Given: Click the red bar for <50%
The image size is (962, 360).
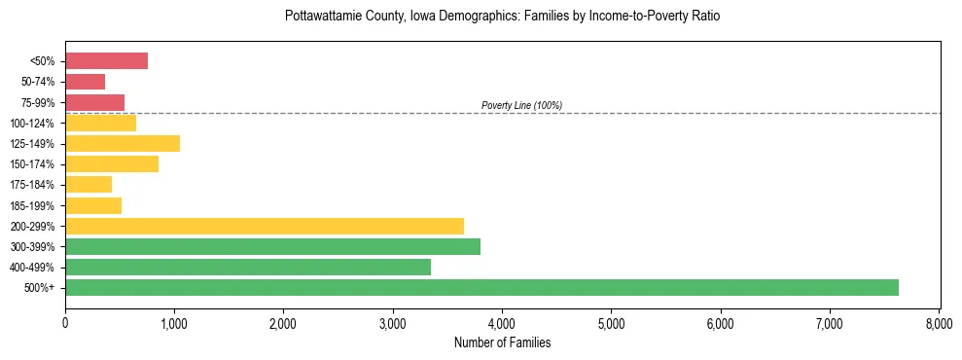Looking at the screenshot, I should (x=106, y=61).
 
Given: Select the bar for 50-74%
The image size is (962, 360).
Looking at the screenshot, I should (x=85, y=82).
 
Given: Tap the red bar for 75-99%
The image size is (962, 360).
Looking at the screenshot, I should (x=94, y=102).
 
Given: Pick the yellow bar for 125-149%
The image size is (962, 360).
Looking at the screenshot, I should (x=123, y=144).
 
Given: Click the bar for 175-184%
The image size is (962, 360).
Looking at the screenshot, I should (x=89, y=185).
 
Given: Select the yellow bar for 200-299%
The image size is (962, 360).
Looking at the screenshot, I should (x=265, y=226).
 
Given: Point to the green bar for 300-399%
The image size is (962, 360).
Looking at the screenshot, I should (x=272, y=246).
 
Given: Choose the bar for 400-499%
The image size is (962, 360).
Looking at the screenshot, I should (x=248, y=267).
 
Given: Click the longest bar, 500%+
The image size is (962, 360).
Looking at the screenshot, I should (x=481, y=287).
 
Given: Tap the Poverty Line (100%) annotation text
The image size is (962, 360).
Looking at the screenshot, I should (x=521, y=105).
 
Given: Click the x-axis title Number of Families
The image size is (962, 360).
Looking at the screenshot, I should (x=502, y=342).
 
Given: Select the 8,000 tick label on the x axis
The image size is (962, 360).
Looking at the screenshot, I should (x=939, y=322).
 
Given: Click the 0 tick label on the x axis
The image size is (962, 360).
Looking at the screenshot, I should (x=65, y=322).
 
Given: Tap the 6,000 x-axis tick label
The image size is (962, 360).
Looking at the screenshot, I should (x=721, y=322).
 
